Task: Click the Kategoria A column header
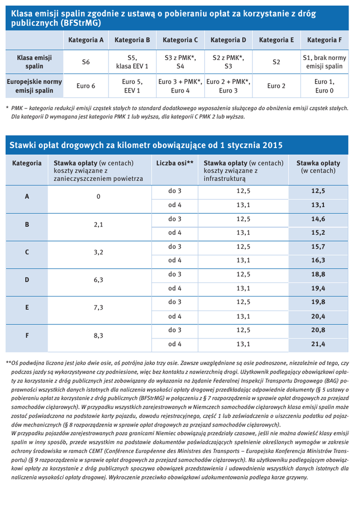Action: (x=86, y=39)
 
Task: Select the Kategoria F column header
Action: (x=324, y=39)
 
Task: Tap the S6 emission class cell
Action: (x=86, y=62)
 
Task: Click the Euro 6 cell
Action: (x=86, y=86)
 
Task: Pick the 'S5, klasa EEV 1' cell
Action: (x=132, y=62)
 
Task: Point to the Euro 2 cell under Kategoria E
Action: (x=276, y=86)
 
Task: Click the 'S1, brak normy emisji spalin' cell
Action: (x=324, y=62)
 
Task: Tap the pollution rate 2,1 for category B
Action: (x=98, y=225)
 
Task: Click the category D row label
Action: (x=27, y=280)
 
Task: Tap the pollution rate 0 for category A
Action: (x=98, y=197)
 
